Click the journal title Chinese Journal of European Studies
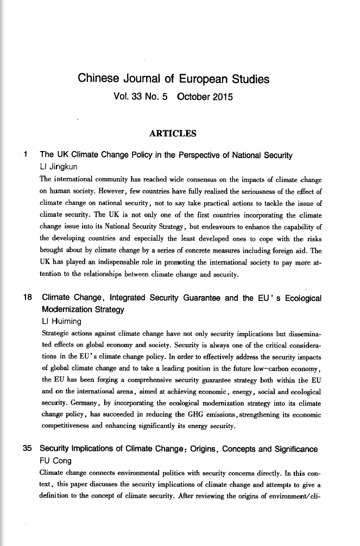point(174,79)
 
